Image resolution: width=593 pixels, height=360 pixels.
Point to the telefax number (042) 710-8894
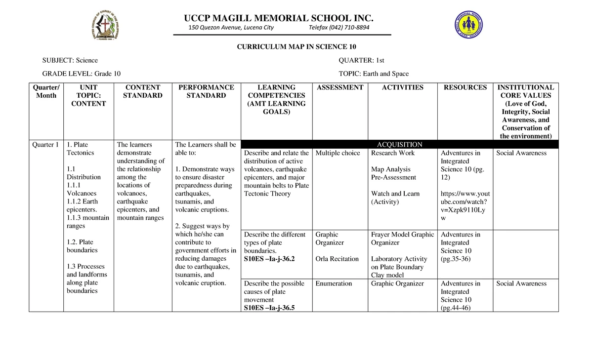pos(339,28)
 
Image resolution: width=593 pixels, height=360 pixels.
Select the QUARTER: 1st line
pos(361,60)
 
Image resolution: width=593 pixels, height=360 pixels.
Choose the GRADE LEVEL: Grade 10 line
pos(81,74)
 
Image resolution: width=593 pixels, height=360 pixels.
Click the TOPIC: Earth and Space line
pos(374,74)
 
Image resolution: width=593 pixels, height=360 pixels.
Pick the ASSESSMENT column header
pos(340,87)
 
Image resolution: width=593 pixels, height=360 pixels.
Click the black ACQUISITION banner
pos(399,145)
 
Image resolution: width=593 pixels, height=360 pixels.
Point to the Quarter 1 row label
pos(45,145)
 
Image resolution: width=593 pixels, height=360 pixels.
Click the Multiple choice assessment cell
pos(338,153)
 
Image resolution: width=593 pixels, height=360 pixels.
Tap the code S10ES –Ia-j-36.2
pos(269,259)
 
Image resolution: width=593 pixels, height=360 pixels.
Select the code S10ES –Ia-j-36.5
pos(269,308)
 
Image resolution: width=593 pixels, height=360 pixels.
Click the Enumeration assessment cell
pos(334,283)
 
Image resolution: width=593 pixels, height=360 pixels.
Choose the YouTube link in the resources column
pos(465,205)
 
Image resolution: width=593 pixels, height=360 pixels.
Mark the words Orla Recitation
pos(337,259)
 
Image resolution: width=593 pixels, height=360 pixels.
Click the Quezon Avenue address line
pos(231,28)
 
